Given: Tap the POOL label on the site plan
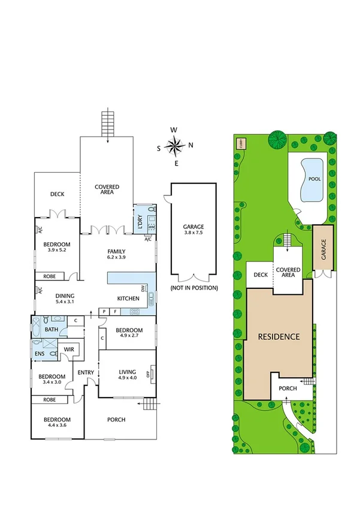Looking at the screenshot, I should (x=314, y=179).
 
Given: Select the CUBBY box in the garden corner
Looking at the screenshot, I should (x=241, y=143).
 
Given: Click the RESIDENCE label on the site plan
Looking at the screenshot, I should (x=279, y=336).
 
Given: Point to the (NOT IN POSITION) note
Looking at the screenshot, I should (x=193, y=288).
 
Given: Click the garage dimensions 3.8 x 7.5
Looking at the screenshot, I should (x=193, y=233).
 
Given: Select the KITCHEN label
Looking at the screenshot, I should (x=128, y=299).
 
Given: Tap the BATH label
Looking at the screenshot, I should (x=51, y=329).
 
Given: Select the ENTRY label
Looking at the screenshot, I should (x=86, y=372).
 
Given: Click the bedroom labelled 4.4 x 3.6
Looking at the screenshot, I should (x=58, y=423).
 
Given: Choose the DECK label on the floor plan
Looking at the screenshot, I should (x=57, y=194).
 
